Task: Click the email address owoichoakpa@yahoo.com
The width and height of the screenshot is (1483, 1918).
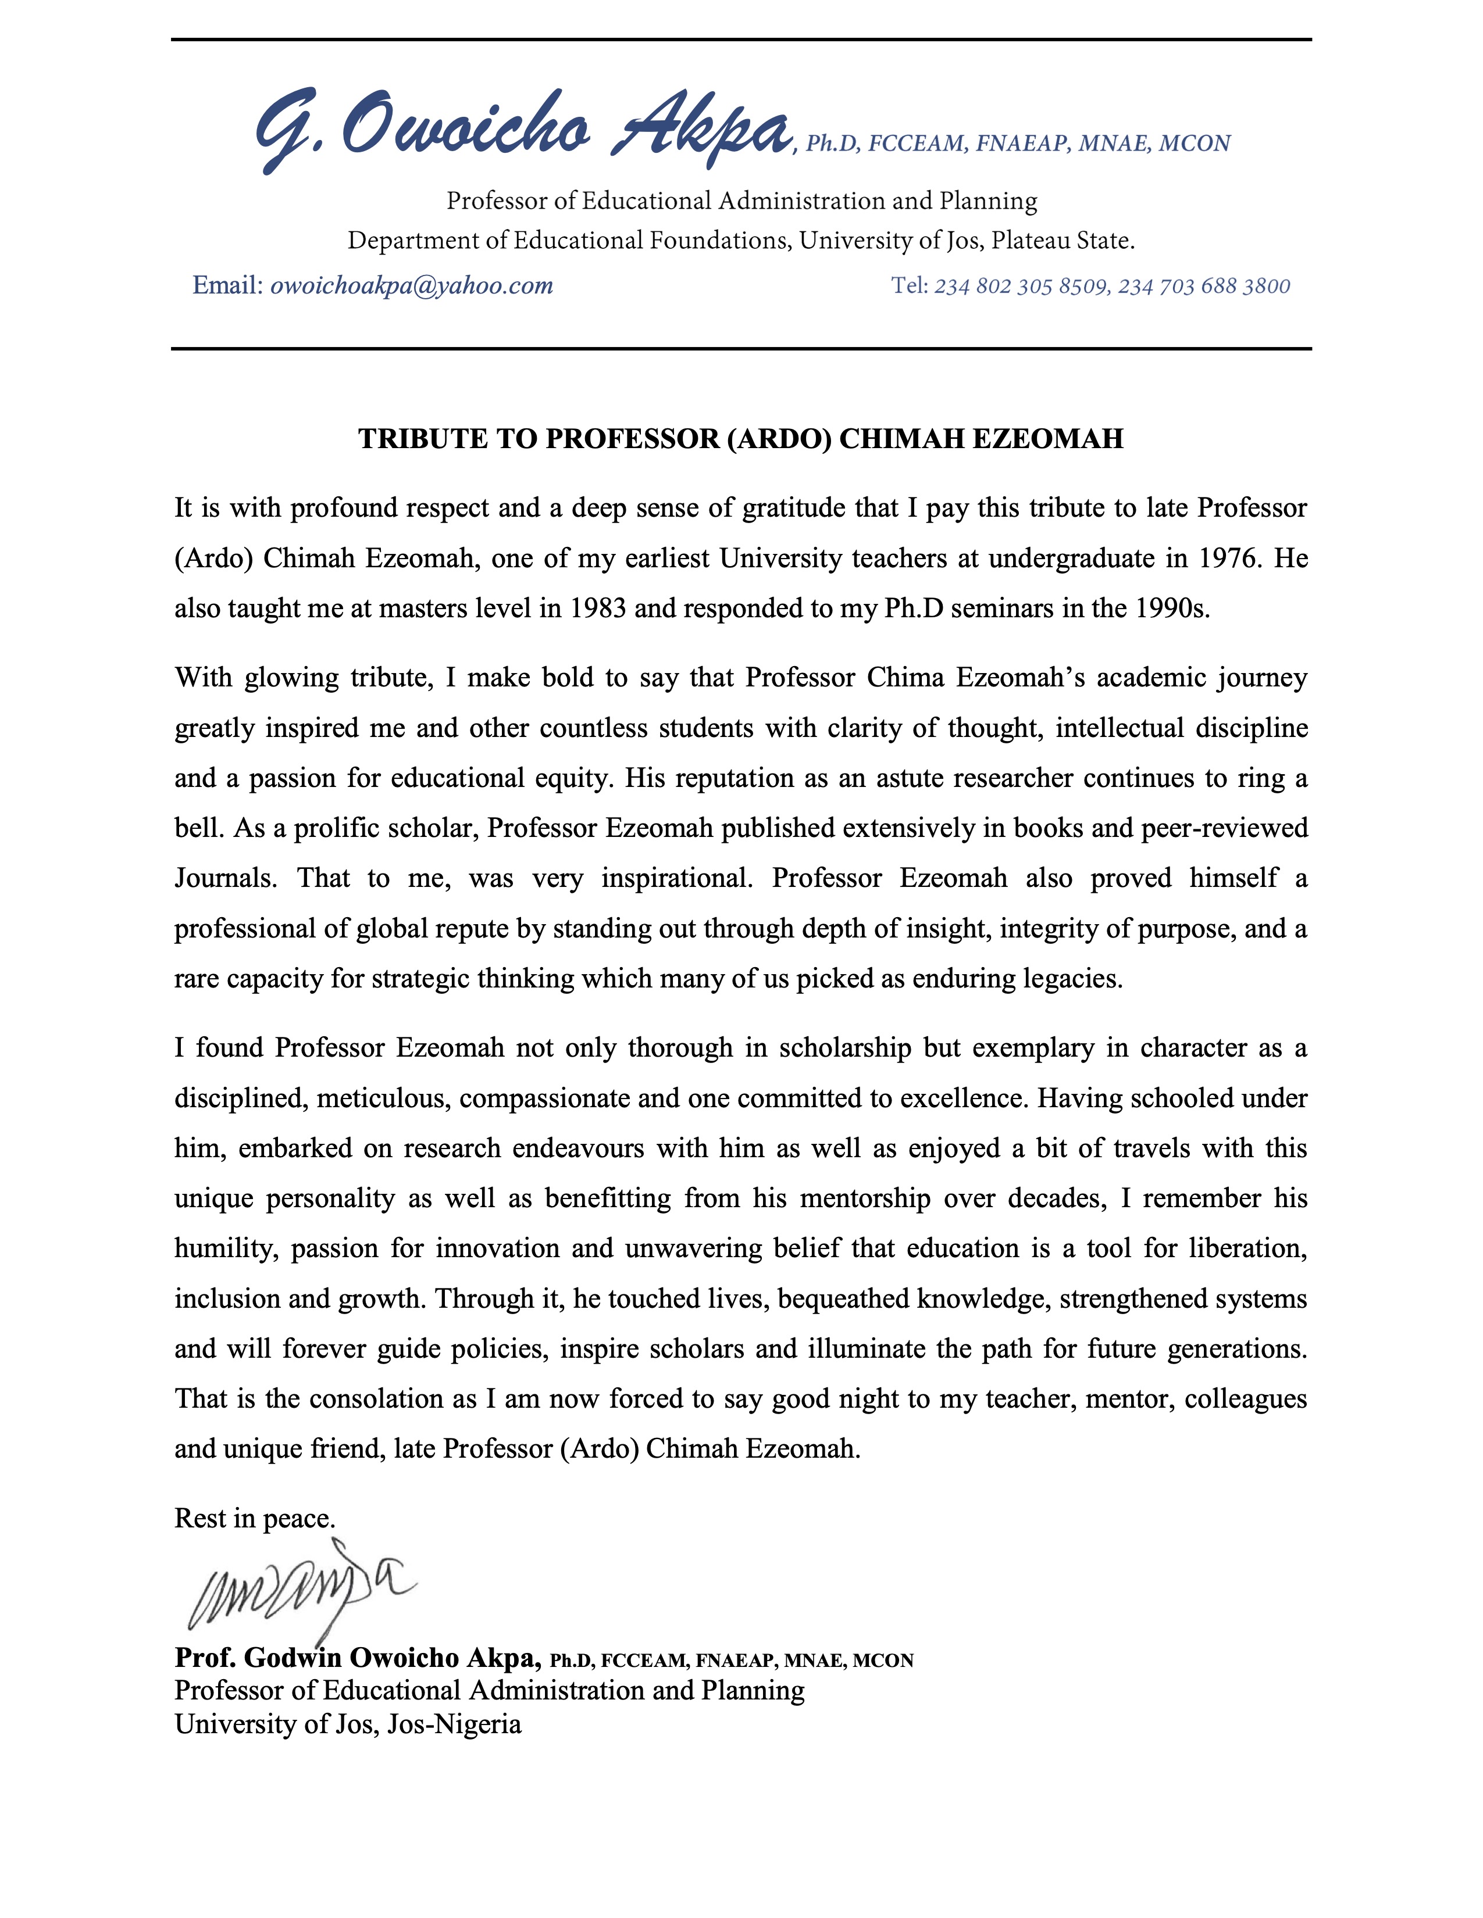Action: (411, 285)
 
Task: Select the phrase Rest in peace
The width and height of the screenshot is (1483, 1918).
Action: (255, 1518)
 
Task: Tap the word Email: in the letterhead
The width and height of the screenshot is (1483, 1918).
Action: (227, 285)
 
